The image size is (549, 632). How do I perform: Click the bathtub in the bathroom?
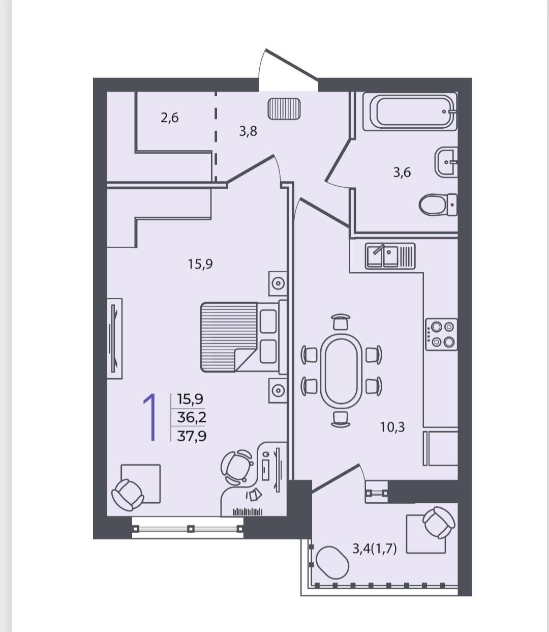pyautogui.click(x=410, y=111)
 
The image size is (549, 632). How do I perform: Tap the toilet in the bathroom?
pyautogui.click(x=438, y=205)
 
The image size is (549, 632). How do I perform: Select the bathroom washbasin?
pyautogui.click(x=446, y=162)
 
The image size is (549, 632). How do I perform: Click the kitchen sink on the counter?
pyautogui.click(x=390, y=256)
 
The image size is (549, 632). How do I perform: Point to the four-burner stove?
pyautogui.click(x=441, y=334)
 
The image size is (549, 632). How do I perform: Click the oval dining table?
pyautogui.click(x=341, y=371)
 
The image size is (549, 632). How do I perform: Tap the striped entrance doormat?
pyautogui.click(x=284, y=108)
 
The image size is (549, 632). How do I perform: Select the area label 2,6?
pyautogui.click(x=169, y=118)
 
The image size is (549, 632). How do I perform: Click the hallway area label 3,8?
pyautogui.click(x=248, y=132)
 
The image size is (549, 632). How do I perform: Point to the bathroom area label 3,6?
pyautogui.click(x=402, y=173)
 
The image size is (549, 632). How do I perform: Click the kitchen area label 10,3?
pyautogui.click(x=392, y=427)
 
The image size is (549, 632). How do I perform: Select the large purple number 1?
pyautogui.click(x=150, y=417)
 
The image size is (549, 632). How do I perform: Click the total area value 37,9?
pyautogui.click(x=192, y=436)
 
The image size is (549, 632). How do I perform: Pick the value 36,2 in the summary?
pyautogui.click(x=192, y=418)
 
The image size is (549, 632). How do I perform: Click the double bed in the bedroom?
pyautogui.click(x=243, y=337)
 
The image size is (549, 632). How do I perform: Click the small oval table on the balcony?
pyautogui.click(x=332, y=562)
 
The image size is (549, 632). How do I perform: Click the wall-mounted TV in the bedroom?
pyautogui.click(x=114, y=338)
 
